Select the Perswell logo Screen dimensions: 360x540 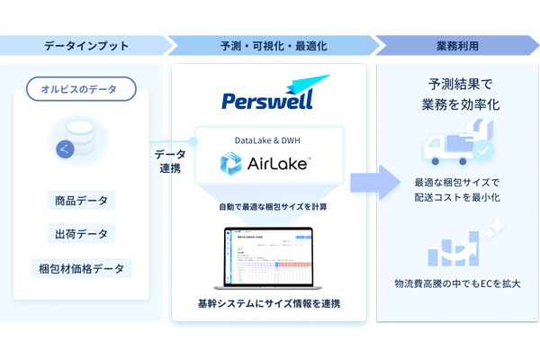click(268, 94)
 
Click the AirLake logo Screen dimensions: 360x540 click(267, 164)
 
